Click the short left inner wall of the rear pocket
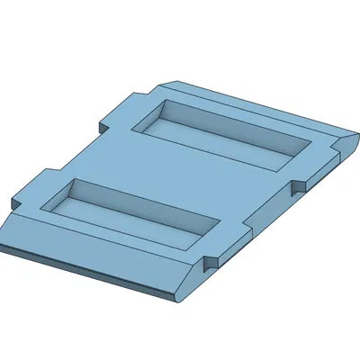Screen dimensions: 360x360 pos(150,117)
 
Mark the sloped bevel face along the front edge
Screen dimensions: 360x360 pos(99,261)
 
